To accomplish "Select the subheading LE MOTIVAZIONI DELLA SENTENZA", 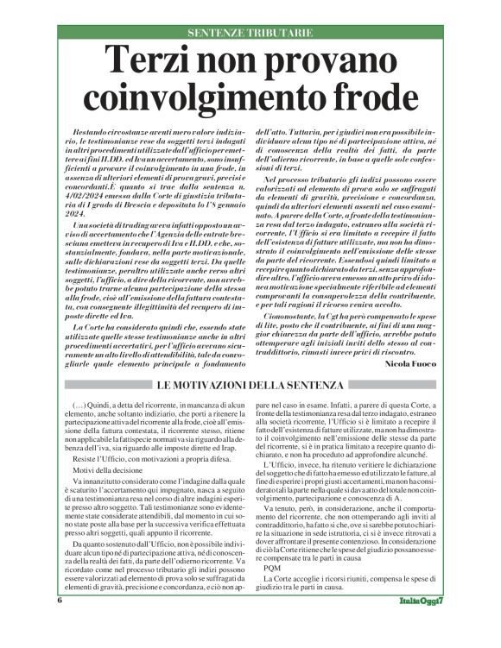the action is pos(250,384).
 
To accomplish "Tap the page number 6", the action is pos(60,623).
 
